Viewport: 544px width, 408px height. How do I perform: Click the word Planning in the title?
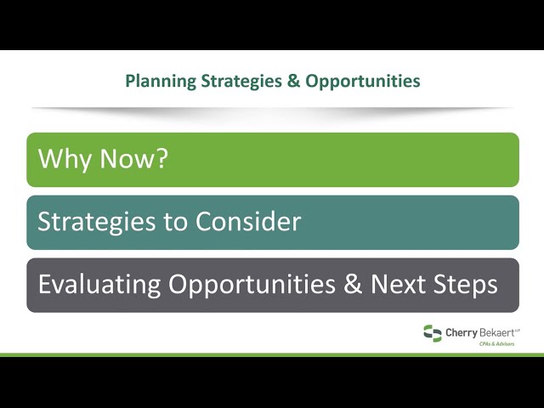click(x=161, y=82)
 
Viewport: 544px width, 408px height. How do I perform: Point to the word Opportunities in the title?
click(x=363, y=82)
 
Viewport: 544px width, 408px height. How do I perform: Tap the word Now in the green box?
click(x=125, y=159)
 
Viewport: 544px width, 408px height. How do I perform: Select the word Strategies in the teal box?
click(x=96, y=222)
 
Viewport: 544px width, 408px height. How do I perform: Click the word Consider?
click(x=247, y=221)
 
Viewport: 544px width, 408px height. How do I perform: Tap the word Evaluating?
click(x=99, y=285)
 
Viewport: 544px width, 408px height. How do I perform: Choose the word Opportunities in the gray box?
click(x=252, y=285)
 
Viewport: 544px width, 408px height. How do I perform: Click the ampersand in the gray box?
click(x=353, y=284)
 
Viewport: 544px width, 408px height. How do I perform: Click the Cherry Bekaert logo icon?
click(x=433, y=333)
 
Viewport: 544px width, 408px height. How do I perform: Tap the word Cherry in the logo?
click(x=462, y=333)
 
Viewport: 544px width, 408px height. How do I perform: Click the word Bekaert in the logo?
click(x=496, y=333)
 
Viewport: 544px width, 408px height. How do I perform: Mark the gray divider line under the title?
click(x=272, y=109)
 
